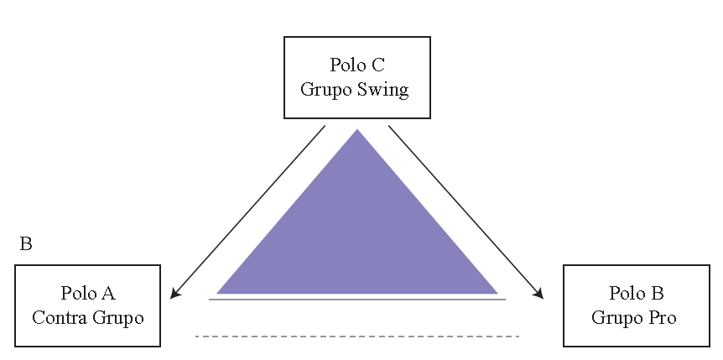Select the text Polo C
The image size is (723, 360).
point(357,65)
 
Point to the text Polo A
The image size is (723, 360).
point(88,293)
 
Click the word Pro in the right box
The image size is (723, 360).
point(660,317)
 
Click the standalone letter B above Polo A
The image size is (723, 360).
point(26,245)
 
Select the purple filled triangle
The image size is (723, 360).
point(357,235)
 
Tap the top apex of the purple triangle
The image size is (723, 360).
point(357,130)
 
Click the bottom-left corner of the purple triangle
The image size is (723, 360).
point(218,293)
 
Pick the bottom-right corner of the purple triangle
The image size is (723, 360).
point(497,293)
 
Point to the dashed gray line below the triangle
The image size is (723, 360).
point(357,337)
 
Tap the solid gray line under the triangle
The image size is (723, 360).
point(357,299)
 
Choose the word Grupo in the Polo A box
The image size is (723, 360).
point(117,317)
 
